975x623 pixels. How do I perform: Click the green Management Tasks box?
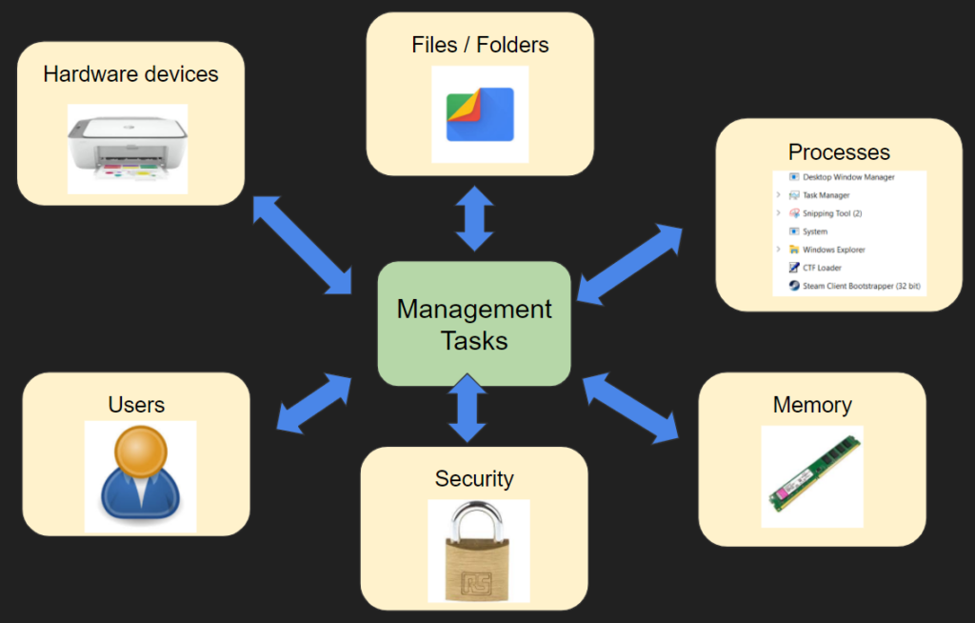(474, 324)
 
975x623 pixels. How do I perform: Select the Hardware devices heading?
(130, 74)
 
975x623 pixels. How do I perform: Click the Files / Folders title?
(480, 45)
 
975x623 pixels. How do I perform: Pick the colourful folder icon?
(480, 114)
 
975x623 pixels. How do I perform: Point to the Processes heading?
(839, 152)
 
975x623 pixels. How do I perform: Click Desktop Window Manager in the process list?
(847, 177)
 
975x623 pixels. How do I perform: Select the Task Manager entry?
(826, 195)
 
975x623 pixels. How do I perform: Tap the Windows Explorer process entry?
(833, 250)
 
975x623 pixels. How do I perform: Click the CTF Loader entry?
(822, 268)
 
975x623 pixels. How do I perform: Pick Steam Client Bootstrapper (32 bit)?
(861, 286)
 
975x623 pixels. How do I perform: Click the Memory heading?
(812, 405)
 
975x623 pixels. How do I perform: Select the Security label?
(474, 478)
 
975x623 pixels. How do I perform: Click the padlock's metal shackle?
(477, 525)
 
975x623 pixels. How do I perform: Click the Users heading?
(136, 405)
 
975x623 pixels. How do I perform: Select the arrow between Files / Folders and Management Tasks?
(474, 219)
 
